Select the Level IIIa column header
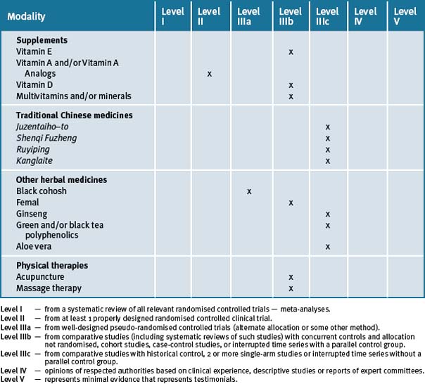[249, 16]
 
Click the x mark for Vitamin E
[291, 52]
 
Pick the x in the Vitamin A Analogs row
[210, 74]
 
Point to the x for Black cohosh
[249, 191]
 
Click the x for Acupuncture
[291, 277]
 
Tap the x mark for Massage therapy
[291, 288]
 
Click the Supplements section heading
[42, 41]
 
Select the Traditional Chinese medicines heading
[75, 115]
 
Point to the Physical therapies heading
[52, 266]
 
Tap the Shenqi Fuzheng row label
[46, 138]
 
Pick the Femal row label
[29, 203]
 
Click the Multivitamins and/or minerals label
[74, 96]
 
